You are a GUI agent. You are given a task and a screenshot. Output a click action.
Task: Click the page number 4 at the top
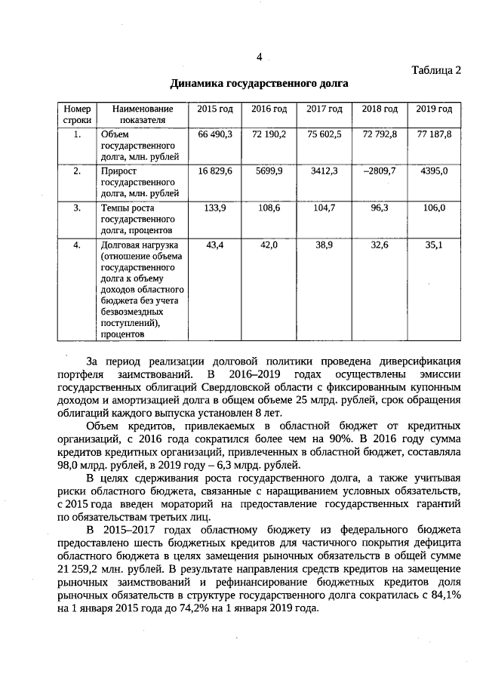(259, 57)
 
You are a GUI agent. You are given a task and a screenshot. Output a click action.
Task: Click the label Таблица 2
(435, 70)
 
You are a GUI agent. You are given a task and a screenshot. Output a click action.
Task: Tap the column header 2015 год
(215, 109)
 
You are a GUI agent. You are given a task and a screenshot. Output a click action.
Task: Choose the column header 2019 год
(435, 109)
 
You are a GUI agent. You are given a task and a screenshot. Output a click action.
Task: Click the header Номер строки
(78, 115)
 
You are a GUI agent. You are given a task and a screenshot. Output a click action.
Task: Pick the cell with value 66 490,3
(215, 134)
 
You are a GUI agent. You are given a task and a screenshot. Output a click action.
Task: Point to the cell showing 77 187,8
(435, 134)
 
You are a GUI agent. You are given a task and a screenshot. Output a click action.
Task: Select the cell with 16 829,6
(215, 171)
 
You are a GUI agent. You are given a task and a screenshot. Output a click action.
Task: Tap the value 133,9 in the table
(215, 208)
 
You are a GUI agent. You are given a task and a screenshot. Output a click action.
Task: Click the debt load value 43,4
(215, 245)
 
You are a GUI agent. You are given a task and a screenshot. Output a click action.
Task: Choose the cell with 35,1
(435, 245)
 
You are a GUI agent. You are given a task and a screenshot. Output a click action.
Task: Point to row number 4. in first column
(78, 245)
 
